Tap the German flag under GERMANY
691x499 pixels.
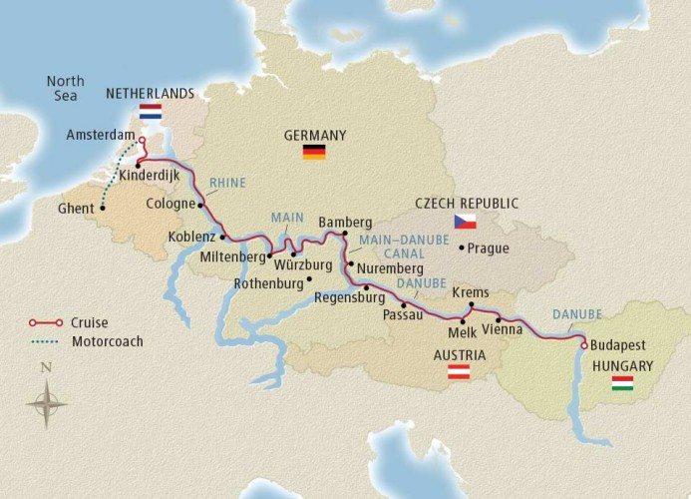[x=314, y=152]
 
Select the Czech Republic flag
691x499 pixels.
[x=465, y=222]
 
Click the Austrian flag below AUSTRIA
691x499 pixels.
[x=459, y=372]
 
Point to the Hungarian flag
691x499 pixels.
[x=622, y=383]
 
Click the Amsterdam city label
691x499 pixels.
[x=99, y=134]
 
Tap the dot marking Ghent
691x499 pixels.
[x=103, y=209]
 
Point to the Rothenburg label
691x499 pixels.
[x=267, y=283]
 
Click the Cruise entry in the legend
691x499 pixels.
[x=90, y=322]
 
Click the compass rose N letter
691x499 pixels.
[x=46, y=367]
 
